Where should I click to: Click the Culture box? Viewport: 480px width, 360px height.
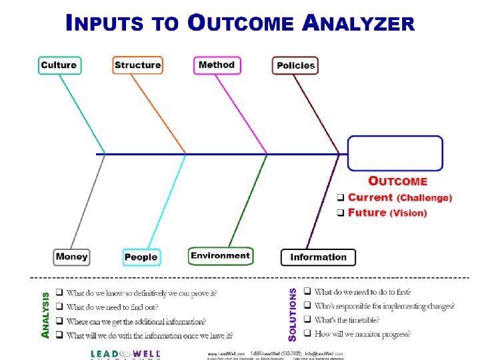pyautogui.click(x=59, y=65)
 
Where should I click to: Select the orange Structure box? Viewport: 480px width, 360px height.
pyautogui.click(x=137, y=65)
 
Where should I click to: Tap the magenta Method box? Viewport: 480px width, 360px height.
pyautogui.click(x=217, y=65)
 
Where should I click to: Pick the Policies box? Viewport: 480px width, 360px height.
pyautogui.click(x=295, y=65)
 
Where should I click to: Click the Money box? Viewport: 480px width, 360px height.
pyautogui.click(x=72, y=257)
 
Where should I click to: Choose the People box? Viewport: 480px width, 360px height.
pyautogui.click(x=141, y=257)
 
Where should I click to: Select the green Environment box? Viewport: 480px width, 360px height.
pyautogui.click(x=220, y=255)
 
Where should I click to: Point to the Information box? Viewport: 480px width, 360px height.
pyautogui.click(x=319, y=257)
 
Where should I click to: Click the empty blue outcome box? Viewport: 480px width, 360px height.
pyautogui.click(x=395, y=154)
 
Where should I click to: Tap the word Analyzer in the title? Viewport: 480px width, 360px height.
pyautogui.click(x=358, y=24)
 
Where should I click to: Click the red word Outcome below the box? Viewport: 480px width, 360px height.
pyautogui.click(x=398, y=181)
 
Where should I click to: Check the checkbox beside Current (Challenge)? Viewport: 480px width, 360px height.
pyautogui.click(x=339, y=198)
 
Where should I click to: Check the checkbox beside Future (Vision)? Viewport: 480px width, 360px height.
pyautogui.click(x=339, y=213)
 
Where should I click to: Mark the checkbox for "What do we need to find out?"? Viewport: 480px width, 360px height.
pyautogui.click(x=59, y=307)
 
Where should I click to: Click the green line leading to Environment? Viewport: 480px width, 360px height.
pyautogui.click(x=247, y=200)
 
